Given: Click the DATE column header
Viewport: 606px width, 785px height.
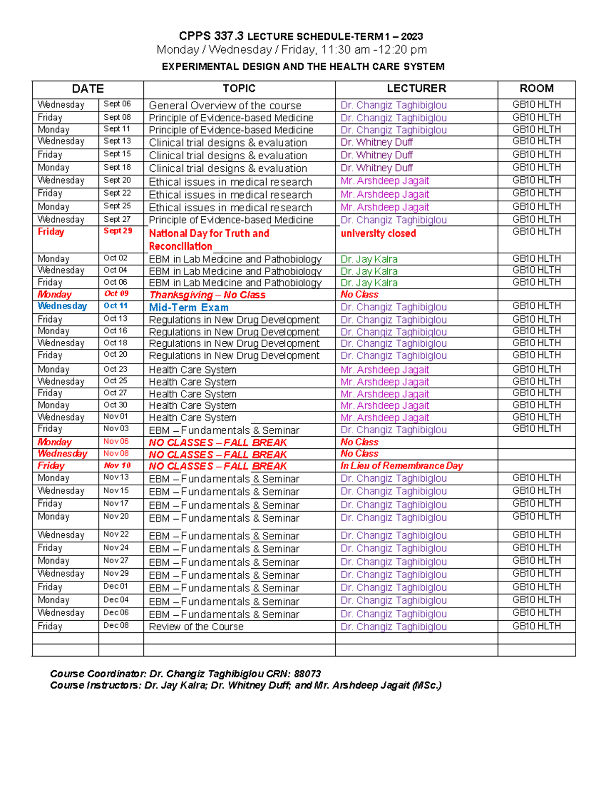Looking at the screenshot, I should click(x=88, y=89).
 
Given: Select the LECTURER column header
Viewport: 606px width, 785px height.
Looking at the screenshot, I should click(x=416, y=89).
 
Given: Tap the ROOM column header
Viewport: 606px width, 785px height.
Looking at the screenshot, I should click(x=536, y=89).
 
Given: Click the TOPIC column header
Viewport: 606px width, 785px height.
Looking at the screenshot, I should click(x=239, y=89).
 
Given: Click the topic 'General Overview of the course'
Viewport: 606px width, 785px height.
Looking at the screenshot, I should click(x=225, y=106).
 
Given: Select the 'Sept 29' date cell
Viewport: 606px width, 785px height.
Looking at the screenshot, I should click(x=118, y=231).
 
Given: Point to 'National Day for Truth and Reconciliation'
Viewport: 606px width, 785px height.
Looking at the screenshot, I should click(x=209, y=240).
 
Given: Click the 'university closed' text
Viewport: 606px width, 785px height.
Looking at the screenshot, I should click(x=378, y=234).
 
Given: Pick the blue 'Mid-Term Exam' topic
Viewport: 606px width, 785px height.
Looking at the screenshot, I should click(x=188, y=307).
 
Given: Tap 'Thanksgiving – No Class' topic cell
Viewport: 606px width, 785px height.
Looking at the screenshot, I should click(x=207, y=295).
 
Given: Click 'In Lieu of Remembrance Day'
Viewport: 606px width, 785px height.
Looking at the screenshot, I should click(x=401, y=466).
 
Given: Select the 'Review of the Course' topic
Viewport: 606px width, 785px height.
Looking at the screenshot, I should click(x=196, y=627).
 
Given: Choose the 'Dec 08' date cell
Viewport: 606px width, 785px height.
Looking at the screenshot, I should click(x=116, y=626).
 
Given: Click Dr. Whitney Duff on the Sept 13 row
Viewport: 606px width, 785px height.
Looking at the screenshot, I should click(x=376, y=143).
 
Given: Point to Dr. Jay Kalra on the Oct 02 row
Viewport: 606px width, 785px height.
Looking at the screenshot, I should click(x=369, y=259).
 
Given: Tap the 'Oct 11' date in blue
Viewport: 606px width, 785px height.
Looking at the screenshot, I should click(x=116, y=306).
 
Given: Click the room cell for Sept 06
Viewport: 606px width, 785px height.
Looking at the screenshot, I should click(x=536, y=105).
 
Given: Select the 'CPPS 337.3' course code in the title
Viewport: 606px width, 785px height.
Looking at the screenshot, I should click(x=211, y=36).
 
